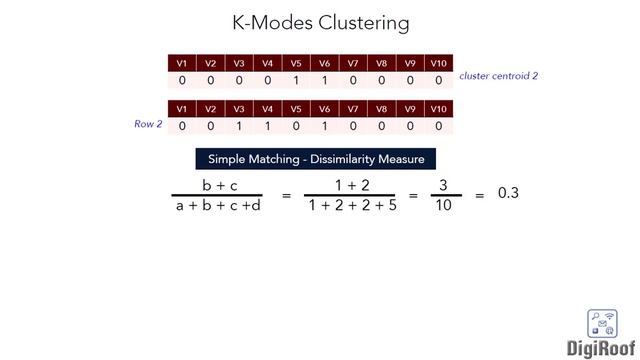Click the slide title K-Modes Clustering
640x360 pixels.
point(320,22)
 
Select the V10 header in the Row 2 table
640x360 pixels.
point(438,109)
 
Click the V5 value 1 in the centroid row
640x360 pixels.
point(296,80)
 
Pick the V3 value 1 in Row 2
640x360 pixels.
point(239,126)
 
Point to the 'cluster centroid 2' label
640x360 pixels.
point(499,76)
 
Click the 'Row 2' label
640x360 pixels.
point(148,124)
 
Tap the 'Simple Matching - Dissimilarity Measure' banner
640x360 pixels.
point(316,159)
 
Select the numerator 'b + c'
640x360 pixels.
point(219,185)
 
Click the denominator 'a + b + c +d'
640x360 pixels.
point(211,206)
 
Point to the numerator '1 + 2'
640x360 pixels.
point(352,185)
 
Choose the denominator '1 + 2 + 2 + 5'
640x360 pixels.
point(352,206)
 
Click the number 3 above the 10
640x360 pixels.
point(443,185)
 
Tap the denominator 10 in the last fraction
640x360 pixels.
point(443,206)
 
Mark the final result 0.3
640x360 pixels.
point(508,193)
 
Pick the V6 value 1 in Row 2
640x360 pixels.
point(324,126)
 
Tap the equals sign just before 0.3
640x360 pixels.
point(479,196)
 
